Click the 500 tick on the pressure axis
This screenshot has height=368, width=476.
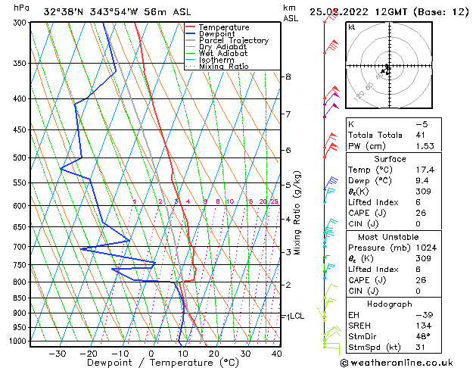[17, 157]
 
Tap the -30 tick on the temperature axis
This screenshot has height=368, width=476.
[57, 354]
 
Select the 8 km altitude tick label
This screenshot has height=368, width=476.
[288, 77]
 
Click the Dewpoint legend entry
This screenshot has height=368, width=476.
[216, 34]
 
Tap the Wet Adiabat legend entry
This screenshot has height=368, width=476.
[224, 54]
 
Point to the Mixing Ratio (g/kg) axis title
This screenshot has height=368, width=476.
[297, 213]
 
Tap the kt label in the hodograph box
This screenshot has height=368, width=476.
[352, 27]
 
